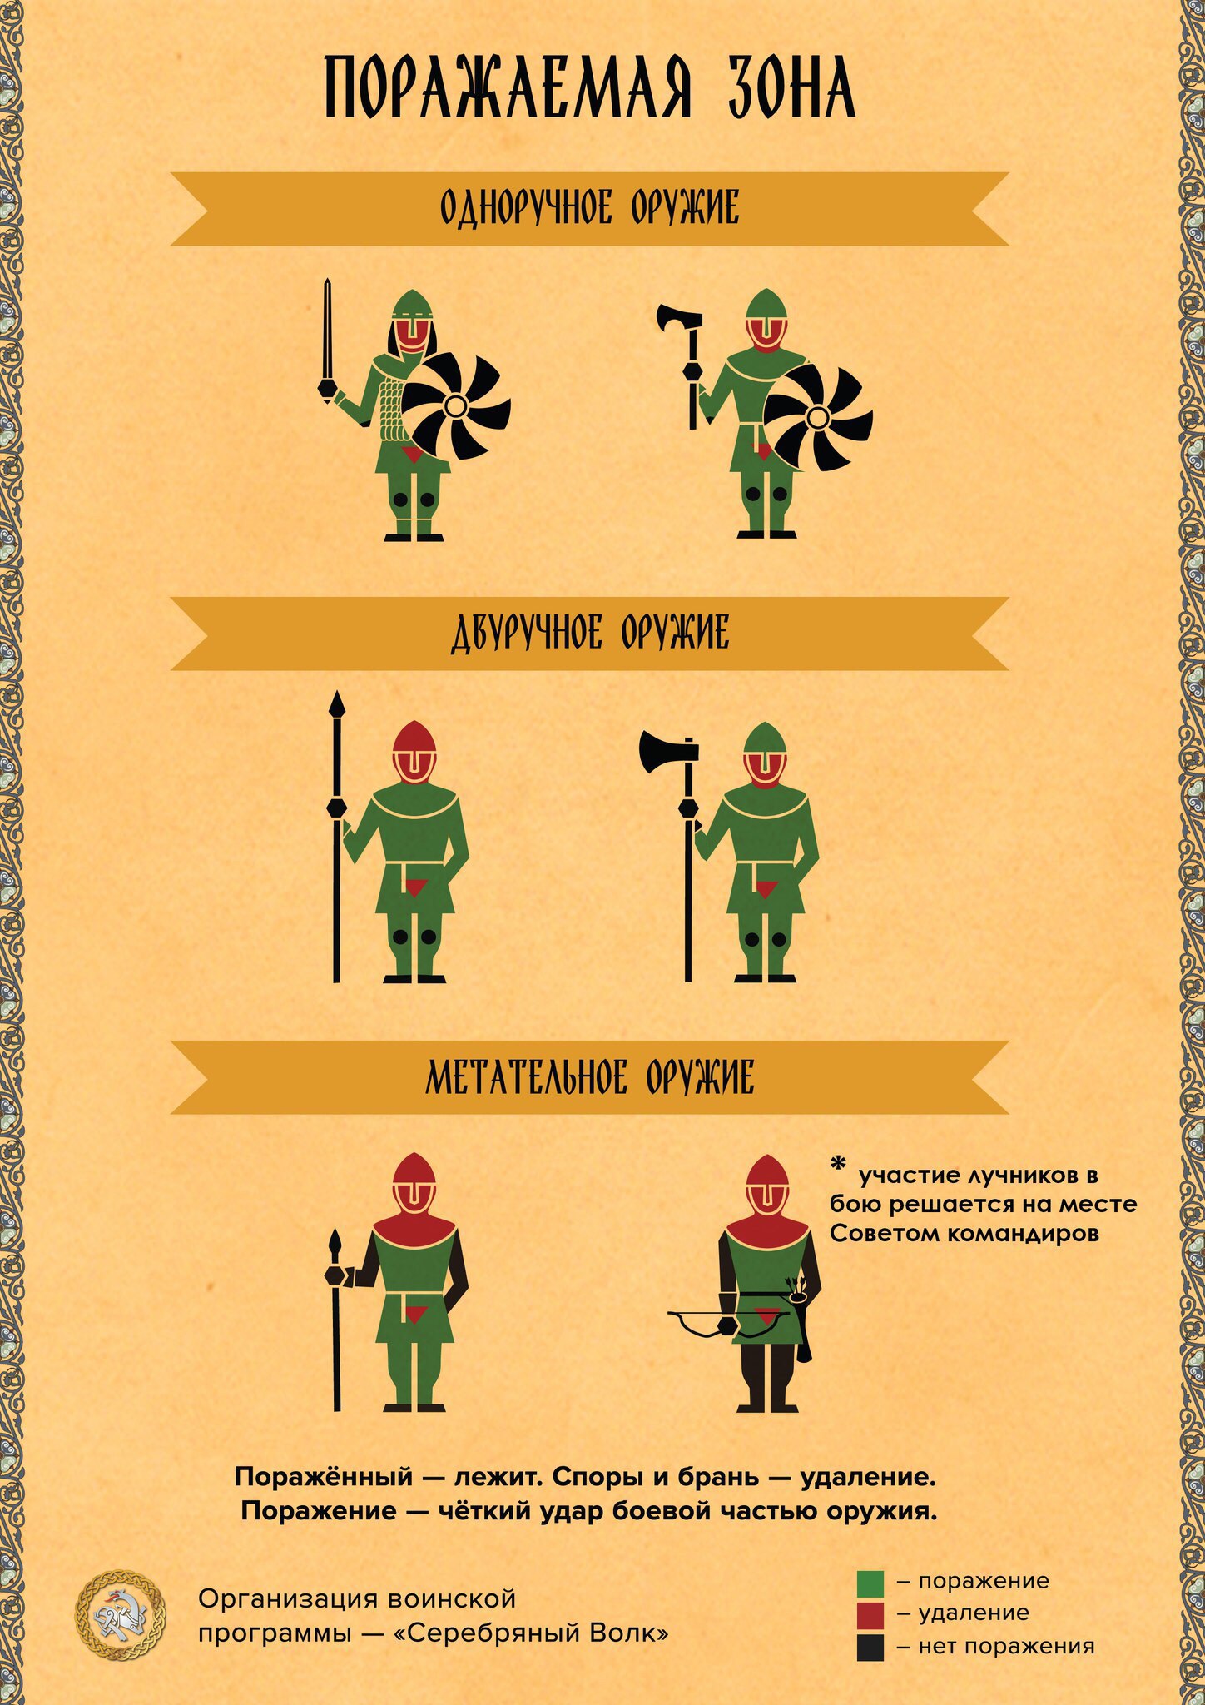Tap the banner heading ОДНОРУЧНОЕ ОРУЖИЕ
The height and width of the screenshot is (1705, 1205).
point(589,207)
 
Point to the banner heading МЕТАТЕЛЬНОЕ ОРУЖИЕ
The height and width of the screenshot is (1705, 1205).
point(589,1077)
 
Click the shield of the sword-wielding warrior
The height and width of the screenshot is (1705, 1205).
point(455,406)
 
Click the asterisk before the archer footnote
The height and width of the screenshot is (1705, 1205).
point(838,1164)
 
